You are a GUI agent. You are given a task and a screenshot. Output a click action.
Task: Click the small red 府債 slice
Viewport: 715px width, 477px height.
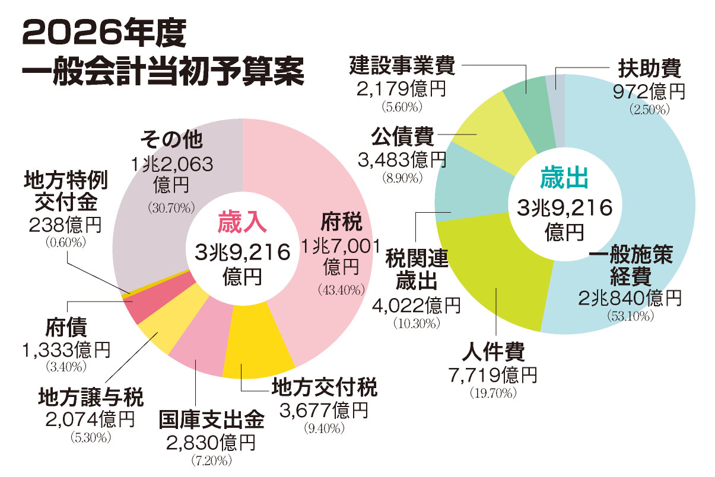tap(142, 307)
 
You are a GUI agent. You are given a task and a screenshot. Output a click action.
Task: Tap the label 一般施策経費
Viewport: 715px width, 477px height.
tap(631, 266)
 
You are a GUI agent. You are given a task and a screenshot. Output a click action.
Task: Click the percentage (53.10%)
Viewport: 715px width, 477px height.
tap(631, 316)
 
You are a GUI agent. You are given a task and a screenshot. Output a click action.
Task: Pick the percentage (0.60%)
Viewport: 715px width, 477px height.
tap(66, 242)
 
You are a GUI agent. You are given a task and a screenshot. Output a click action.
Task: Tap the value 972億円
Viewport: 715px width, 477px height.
tap(650, 91)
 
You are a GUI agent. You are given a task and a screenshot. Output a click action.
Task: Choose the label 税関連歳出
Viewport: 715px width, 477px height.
tap(416, 269)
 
